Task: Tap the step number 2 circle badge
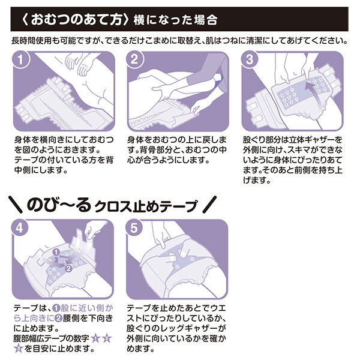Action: [x=135, y=61]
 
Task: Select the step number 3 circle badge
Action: [x=250, y=61]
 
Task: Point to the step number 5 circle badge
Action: [x=135, y=229]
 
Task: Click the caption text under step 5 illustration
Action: [x=174, y=329]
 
